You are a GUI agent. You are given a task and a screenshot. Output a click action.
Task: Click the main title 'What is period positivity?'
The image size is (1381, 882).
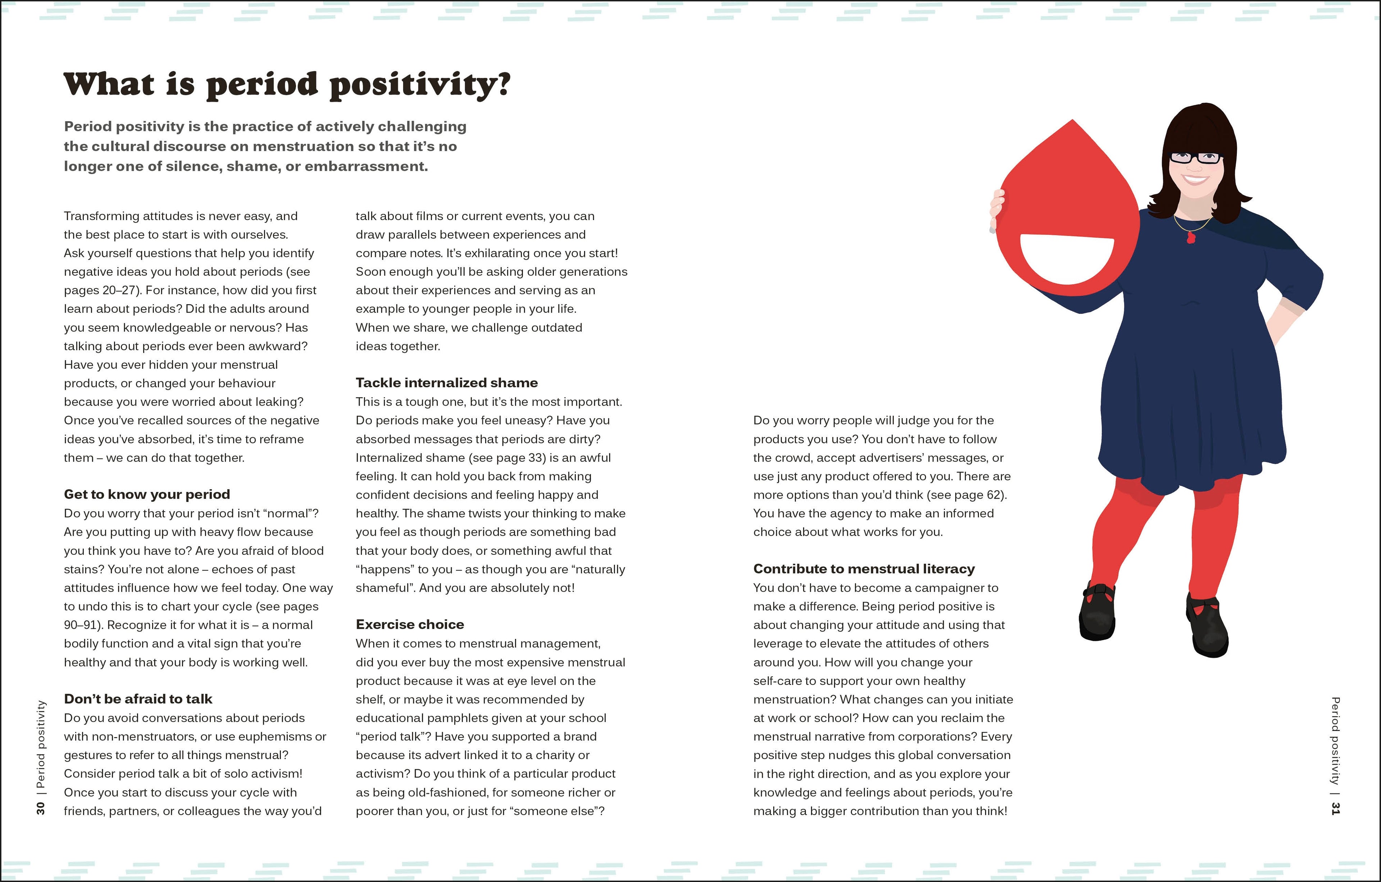[287, 85]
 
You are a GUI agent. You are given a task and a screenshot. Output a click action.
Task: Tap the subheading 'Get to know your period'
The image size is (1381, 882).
[147, 494]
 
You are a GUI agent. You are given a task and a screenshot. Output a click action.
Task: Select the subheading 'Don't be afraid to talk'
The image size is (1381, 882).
[138, 699]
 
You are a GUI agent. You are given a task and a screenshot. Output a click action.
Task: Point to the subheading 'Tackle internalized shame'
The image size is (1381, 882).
[447, 383]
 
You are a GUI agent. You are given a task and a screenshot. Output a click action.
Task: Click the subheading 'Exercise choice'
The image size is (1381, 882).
[410, 625]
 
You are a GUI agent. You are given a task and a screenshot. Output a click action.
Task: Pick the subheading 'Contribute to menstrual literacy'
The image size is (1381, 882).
[864, 569]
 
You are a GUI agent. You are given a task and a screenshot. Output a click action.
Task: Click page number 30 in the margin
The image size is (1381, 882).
[40, 808]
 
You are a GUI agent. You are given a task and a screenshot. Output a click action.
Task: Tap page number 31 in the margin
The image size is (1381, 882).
[1336, 808]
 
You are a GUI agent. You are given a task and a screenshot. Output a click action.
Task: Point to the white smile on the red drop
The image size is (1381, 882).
[1067, 258]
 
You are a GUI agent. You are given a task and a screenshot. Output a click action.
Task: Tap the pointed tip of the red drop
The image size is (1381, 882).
[1072, 122]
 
